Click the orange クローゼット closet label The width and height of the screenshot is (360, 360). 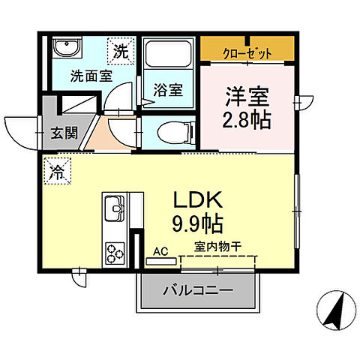pyautogui.click(x=247, y=52)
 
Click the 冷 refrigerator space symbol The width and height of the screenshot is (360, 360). pyautogui.click(x=56, y=171)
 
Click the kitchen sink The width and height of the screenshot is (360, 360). pyautogui.click(x=115, y=207)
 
